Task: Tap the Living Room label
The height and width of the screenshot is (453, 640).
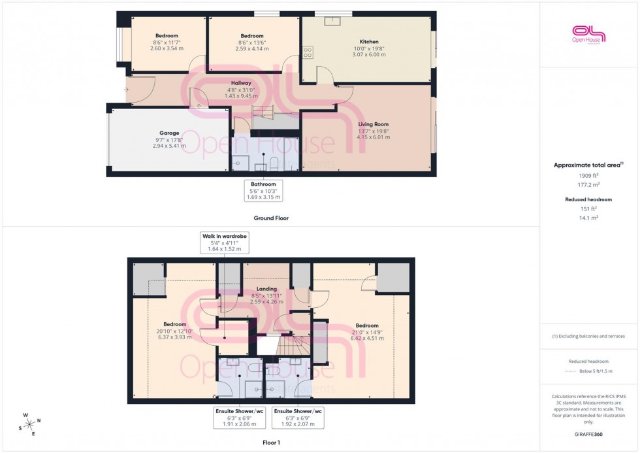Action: point(373,124)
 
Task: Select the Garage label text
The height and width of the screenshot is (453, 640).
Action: point(169,133)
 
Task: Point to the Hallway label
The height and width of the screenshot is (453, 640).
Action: point(243,82)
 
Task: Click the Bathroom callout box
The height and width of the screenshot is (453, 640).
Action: point(264,190)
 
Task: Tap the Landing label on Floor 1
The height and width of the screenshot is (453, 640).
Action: point(266,288)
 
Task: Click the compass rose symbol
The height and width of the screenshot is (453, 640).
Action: point(29,424)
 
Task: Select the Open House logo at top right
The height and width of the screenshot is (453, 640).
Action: point(588,33)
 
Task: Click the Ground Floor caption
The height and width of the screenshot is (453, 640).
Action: point(271,218)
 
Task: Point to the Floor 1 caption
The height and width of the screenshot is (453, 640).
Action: point(270,443)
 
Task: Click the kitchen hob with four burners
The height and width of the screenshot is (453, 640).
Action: point(308,54)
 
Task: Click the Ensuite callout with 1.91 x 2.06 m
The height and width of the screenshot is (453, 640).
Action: point(238,418)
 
